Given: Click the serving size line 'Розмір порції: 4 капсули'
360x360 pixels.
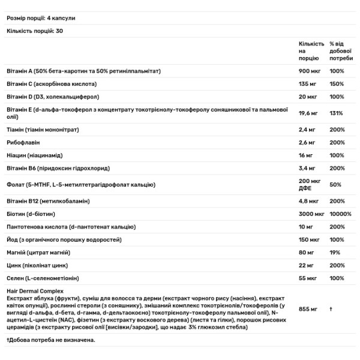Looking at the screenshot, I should coord(41,18).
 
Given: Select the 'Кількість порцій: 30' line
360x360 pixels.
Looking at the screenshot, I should coord(36,31).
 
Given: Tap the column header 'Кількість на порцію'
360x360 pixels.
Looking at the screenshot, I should coord(311,52).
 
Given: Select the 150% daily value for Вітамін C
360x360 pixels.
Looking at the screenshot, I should coord(337,84).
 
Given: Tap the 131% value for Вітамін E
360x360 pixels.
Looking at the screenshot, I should coord(336,112).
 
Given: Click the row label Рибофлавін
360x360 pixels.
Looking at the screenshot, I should coord(23,142).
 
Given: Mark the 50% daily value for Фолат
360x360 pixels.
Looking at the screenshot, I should coord(335,184).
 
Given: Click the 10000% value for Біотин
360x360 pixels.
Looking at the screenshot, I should coord(341,214).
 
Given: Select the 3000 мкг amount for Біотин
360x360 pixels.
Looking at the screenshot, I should coord(313,214).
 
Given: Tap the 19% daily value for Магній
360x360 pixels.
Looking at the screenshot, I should coord(335,252).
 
